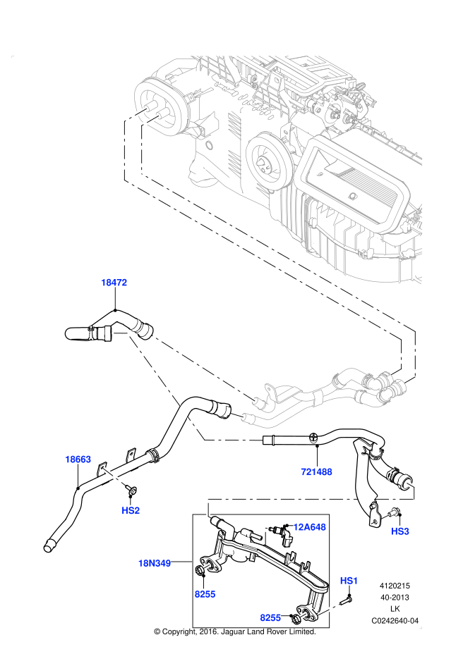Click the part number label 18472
tap(114, 283)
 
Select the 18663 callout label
tap(78, 459)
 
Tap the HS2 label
tap(131, 510)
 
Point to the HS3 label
tap(399, 531)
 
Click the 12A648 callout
tap(308, 526)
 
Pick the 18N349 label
tap(154, 563)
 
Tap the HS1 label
tap(349, 580)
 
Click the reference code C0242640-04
tap(395, 621)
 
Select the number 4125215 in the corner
tap(395, 586)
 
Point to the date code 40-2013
tap(395, 597)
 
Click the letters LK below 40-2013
tap(395, 609)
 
